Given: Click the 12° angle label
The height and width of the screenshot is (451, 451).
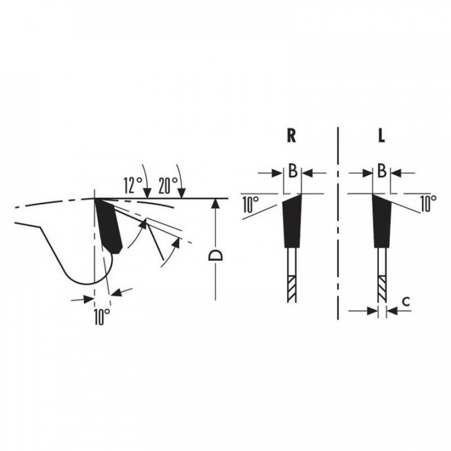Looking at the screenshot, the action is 133,185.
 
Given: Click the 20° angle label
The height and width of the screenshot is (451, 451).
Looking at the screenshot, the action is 168,185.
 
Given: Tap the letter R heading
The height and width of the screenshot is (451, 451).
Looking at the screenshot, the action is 291,136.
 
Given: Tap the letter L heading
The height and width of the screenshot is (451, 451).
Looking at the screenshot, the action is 381,136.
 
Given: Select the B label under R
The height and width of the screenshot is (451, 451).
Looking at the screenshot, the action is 293,170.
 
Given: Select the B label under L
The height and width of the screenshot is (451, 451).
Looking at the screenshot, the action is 381,170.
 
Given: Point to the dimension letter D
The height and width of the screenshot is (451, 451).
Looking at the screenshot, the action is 215,255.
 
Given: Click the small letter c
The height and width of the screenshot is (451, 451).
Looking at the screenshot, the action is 406,302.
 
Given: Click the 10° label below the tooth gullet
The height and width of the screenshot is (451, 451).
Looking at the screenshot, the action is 102,317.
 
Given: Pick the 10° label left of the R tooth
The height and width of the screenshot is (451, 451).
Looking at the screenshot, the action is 251,204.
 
